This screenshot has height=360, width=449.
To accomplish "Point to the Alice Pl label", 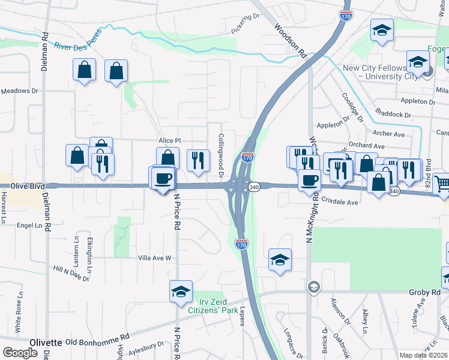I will [x=169, y=140].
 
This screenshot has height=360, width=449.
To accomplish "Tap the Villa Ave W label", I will [x=155, y=258].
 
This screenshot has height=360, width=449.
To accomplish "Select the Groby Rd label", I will [x=427, y=292].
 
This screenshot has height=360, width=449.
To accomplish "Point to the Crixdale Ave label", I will [x=340, y=203].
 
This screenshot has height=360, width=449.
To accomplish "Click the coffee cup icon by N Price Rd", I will [x=163, y=178].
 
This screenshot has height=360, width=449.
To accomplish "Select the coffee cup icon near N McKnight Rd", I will [x=310, y=180].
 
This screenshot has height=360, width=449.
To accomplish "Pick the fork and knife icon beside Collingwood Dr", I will [x=198, y=160].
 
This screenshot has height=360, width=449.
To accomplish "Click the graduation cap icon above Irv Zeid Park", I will [x=181, y=291].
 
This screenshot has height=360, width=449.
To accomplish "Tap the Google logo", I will [x=20, y=353].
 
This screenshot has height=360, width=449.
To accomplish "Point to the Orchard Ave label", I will [x=366, y=146].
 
